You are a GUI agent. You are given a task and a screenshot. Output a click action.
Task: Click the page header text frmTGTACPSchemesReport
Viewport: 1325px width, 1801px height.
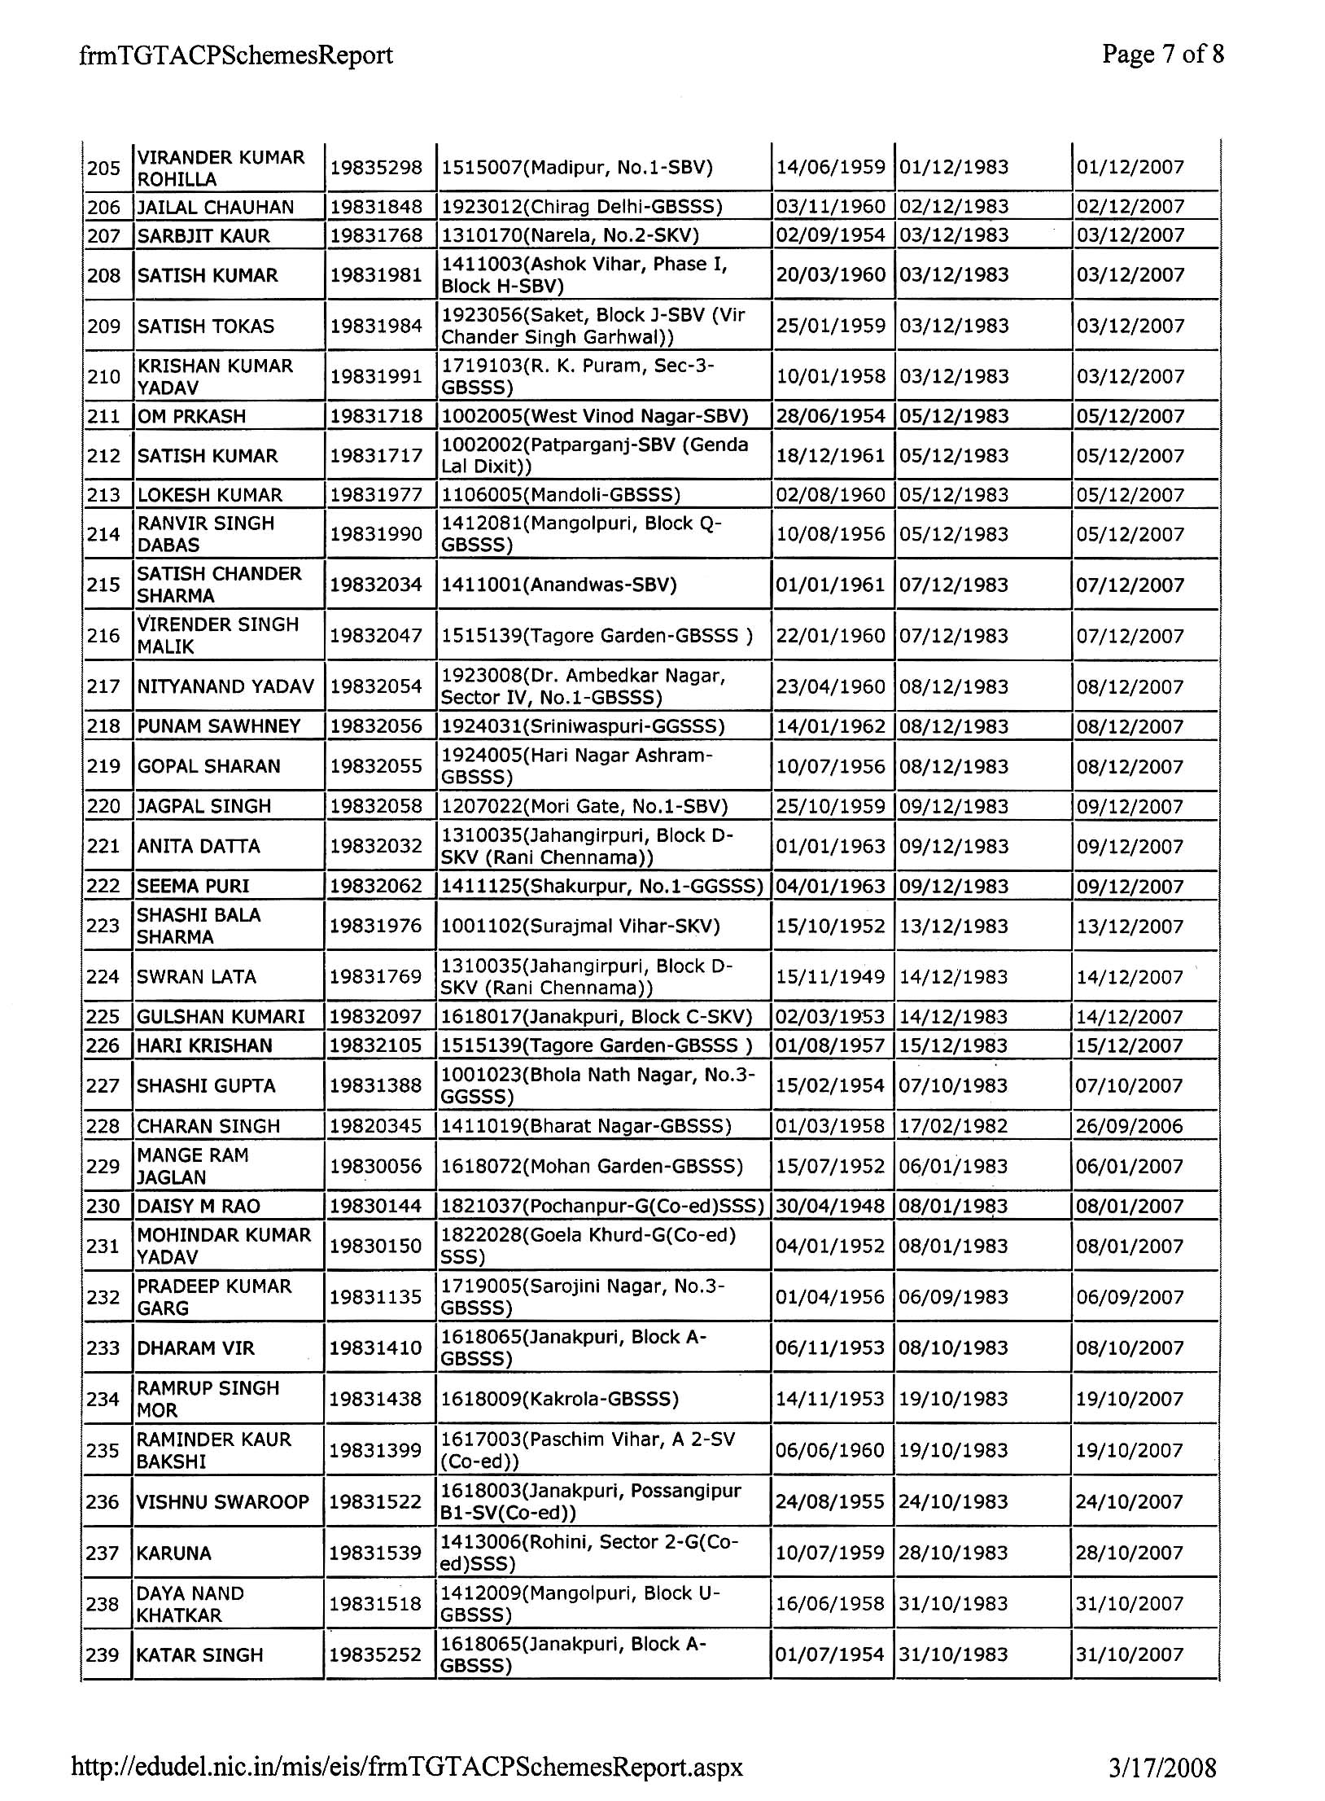(236, 55)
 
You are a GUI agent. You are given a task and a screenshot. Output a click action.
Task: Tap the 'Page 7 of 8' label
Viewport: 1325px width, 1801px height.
(1162, 55)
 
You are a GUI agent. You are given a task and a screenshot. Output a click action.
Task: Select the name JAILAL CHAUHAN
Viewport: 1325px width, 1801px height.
(216, 207)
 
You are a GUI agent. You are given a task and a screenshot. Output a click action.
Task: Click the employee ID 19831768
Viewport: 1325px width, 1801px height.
(376, 235)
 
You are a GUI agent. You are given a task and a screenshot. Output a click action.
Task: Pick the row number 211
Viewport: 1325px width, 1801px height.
(103, 416)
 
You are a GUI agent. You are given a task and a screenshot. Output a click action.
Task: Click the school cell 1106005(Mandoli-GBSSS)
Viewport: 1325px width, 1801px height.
(561, 494)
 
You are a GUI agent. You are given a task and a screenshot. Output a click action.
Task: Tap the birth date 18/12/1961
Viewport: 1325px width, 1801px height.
(830, 455)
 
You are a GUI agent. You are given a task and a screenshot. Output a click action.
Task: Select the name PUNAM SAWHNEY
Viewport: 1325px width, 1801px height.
(219, 725)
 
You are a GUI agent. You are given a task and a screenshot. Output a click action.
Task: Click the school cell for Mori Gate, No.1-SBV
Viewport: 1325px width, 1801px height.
(584, 806)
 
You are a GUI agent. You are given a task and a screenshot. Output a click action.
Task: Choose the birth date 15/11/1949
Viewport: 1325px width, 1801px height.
(830, 976)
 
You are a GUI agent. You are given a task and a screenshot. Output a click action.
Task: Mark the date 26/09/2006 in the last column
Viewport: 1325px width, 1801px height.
(1130, 1126)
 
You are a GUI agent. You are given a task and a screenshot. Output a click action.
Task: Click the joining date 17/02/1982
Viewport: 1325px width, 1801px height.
(954, 1126)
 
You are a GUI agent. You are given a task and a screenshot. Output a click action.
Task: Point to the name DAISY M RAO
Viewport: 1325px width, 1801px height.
(199, 1206)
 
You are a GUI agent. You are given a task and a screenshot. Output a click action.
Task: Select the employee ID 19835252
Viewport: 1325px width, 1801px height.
(376, 1654)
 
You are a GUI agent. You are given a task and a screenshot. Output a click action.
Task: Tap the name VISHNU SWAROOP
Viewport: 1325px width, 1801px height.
(223, 1501)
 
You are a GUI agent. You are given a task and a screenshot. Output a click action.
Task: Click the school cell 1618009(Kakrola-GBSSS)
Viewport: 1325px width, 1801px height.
(560, 1399)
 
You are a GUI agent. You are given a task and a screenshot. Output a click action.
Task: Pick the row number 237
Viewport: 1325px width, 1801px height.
(103, 1553)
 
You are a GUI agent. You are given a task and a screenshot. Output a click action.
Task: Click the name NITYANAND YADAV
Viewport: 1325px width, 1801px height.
(225, 686)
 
